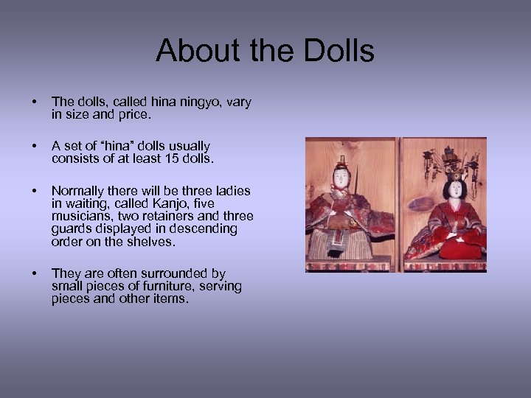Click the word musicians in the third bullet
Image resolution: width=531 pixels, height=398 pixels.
(82, 216)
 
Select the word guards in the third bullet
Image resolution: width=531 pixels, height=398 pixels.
(72, 228)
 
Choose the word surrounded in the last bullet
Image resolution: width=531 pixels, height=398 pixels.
(164, 273)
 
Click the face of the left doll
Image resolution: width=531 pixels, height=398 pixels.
(341, 177)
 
